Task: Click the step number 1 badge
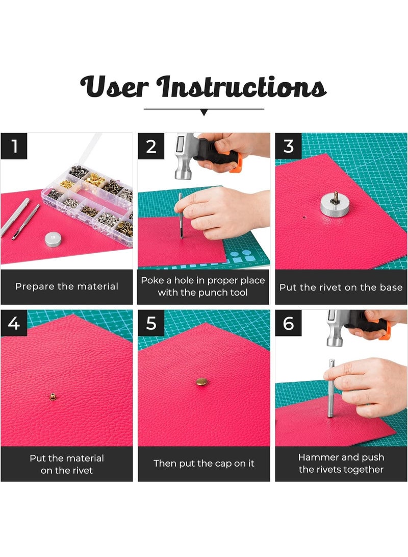(x=14, y=146)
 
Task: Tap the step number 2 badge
(x=151, y=146)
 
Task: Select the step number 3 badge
(x=289, y=146)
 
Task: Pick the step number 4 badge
(x=14, y=323)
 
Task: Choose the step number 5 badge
(x=151, y=323)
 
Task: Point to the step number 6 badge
(x=289, y=323)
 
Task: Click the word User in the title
(x=114, y=87)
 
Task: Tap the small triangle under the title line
(x=204, y=113)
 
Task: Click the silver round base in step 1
(x=54, y=239)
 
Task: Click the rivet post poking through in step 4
(x=53, y=397)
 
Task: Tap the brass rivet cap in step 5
(x=202, y=382)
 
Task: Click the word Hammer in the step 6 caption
(x=319, y=457)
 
